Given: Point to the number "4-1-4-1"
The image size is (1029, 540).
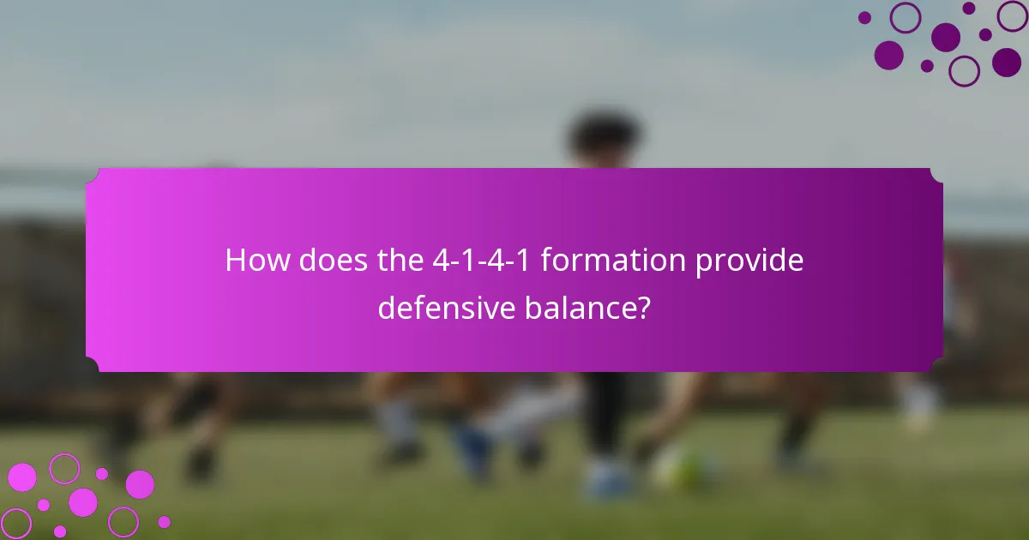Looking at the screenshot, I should coord(482,261).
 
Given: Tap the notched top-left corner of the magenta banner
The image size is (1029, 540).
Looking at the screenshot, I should coord(93,176).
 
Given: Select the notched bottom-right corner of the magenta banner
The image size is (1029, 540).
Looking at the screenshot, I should coord(936,364).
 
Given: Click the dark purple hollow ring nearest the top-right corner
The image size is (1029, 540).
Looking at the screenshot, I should coord(1013,15).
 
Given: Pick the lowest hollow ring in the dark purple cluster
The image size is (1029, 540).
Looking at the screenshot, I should coord(965,71).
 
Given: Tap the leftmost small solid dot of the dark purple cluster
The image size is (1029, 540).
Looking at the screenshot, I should coord(864,18).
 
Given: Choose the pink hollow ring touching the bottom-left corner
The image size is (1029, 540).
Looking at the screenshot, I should coord(15,523).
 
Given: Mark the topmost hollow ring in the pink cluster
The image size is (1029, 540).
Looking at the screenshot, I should coord(64,469).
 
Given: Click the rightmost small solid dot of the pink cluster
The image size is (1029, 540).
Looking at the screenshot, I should coord(164,521).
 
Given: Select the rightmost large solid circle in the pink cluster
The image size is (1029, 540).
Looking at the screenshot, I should coord(140,484).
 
